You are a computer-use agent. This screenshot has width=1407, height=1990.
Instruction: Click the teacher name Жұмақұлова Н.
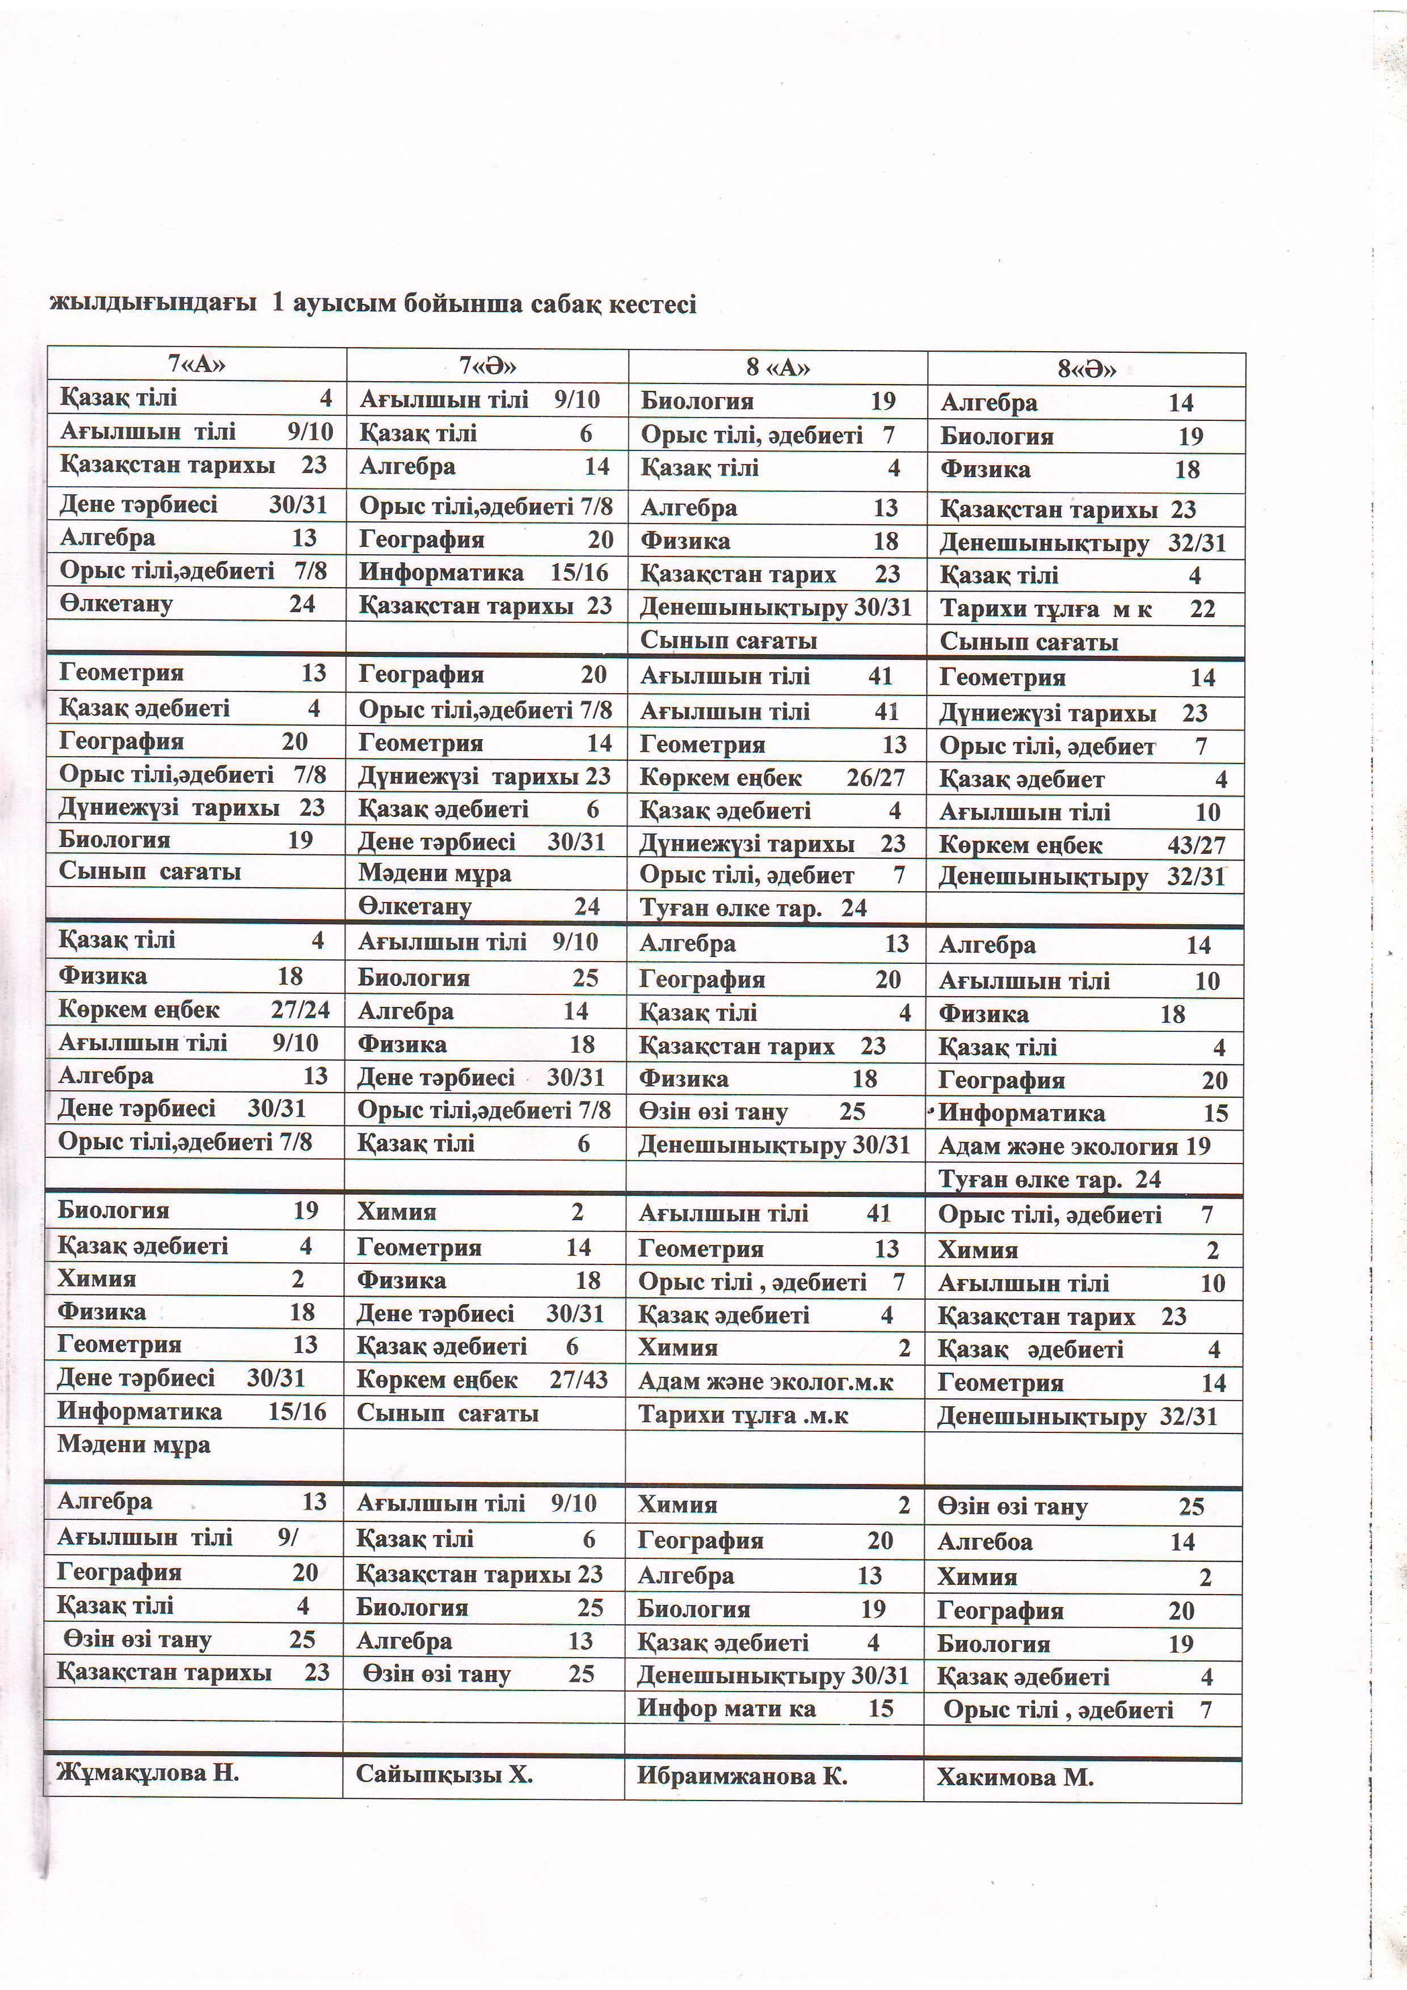pos(148,1773)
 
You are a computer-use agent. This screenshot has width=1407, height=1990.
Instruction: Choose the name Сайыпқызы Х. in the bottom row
pos(444,1774)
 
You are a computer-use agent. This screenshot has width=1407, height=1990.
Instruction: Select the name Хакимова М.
pos(1015,1778)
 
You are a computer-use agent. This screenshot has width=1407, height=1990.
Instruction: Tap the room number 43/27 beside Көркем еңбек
pos(1195,845)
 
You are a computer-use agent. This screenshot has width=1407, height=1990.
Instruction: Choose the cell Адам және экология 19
pos(1074,1146)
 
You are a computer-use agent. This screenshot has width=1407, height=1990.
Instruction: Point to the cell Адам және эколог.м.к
pos(765,1381)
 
